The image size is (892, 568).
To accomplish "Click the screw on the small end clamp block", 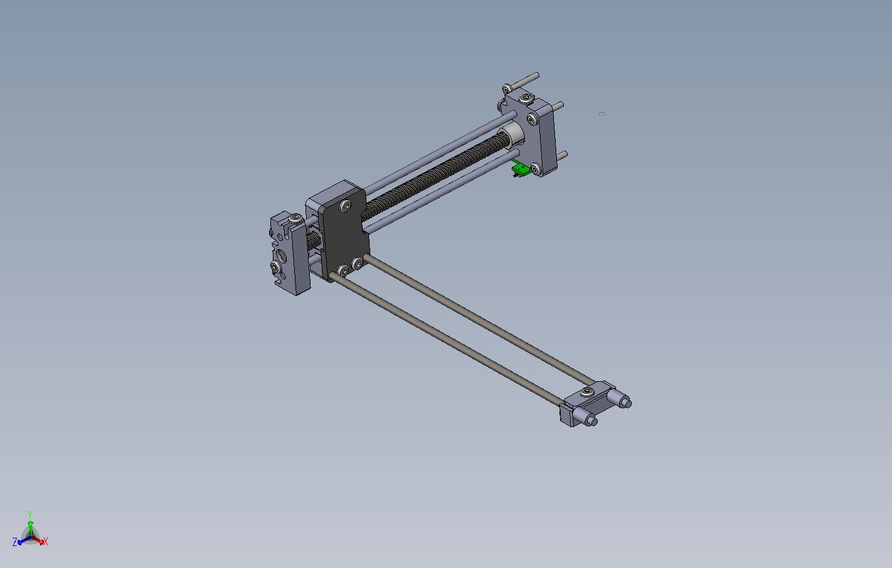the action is point(587,391).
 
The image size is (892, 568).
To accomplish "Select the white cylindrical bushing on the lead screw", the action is point(512,135).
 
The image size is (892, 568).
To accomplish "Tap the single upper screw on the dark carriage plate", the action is point(345,206).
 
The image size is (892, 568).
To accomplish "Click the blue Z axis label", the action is point(15,542).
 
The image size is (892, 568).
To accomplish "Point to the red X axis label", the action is point(45,542).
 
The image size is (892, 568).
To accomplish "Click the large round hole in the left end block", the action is point(281,255).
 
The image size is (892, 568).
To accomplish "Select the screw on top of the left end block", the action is point(295,218).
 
